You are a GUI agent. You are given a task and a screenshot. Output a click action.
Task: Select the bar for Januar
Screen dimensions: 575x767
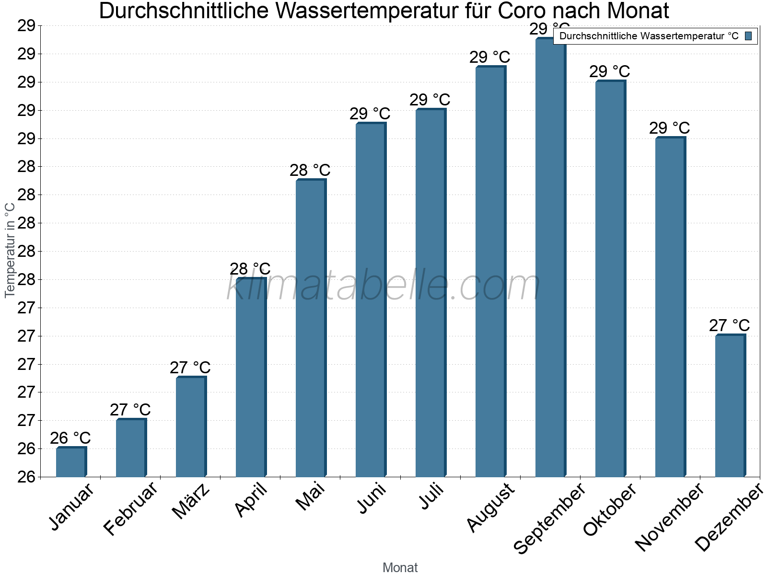(71, 462)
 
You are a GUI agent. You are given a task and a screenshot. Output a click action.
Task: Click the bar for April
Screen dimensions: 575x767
(251, 378)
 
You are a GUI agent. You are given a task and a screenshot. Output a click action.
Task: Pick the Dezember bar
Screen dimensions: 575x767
(730, 406)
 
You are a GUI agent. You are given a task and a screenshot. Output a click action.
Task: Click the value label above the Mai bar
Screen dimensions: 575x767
(310, 170)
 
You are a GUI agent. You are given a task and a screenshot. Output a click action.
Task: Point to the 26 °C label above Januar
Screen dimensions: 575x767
(70, 438)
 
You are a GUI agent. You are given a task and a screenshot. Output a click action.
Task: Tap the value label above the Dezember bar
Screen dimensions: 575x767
(729, 325)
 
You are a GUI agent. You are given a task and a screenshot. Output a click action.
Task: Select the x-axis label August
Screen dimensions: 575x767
(490, 507)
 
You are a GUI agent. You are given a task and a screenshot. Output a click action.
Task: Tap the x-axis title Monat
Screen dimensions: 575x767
(400, 568)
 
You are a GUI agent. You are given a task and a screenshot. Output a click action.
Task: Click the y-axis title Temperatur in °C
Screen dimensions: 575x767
(10, 250)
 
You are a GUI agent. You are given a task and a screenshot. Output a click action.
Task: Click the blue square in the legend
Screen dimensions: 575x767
(748, 36)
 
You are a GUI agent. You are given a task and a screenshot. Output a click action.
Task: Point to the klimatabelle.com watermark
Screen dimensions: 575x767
(383, 286)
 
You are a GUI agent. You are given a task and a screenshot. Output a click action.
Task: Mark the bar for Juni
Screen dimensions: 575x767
(371, 300)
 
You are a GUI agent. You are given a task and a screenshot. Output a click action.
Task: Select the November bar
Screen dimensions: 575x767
(670, 307)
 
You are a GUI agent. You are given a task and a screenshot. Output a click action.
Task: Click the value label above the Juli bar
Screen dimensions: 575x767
(430, 100)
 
